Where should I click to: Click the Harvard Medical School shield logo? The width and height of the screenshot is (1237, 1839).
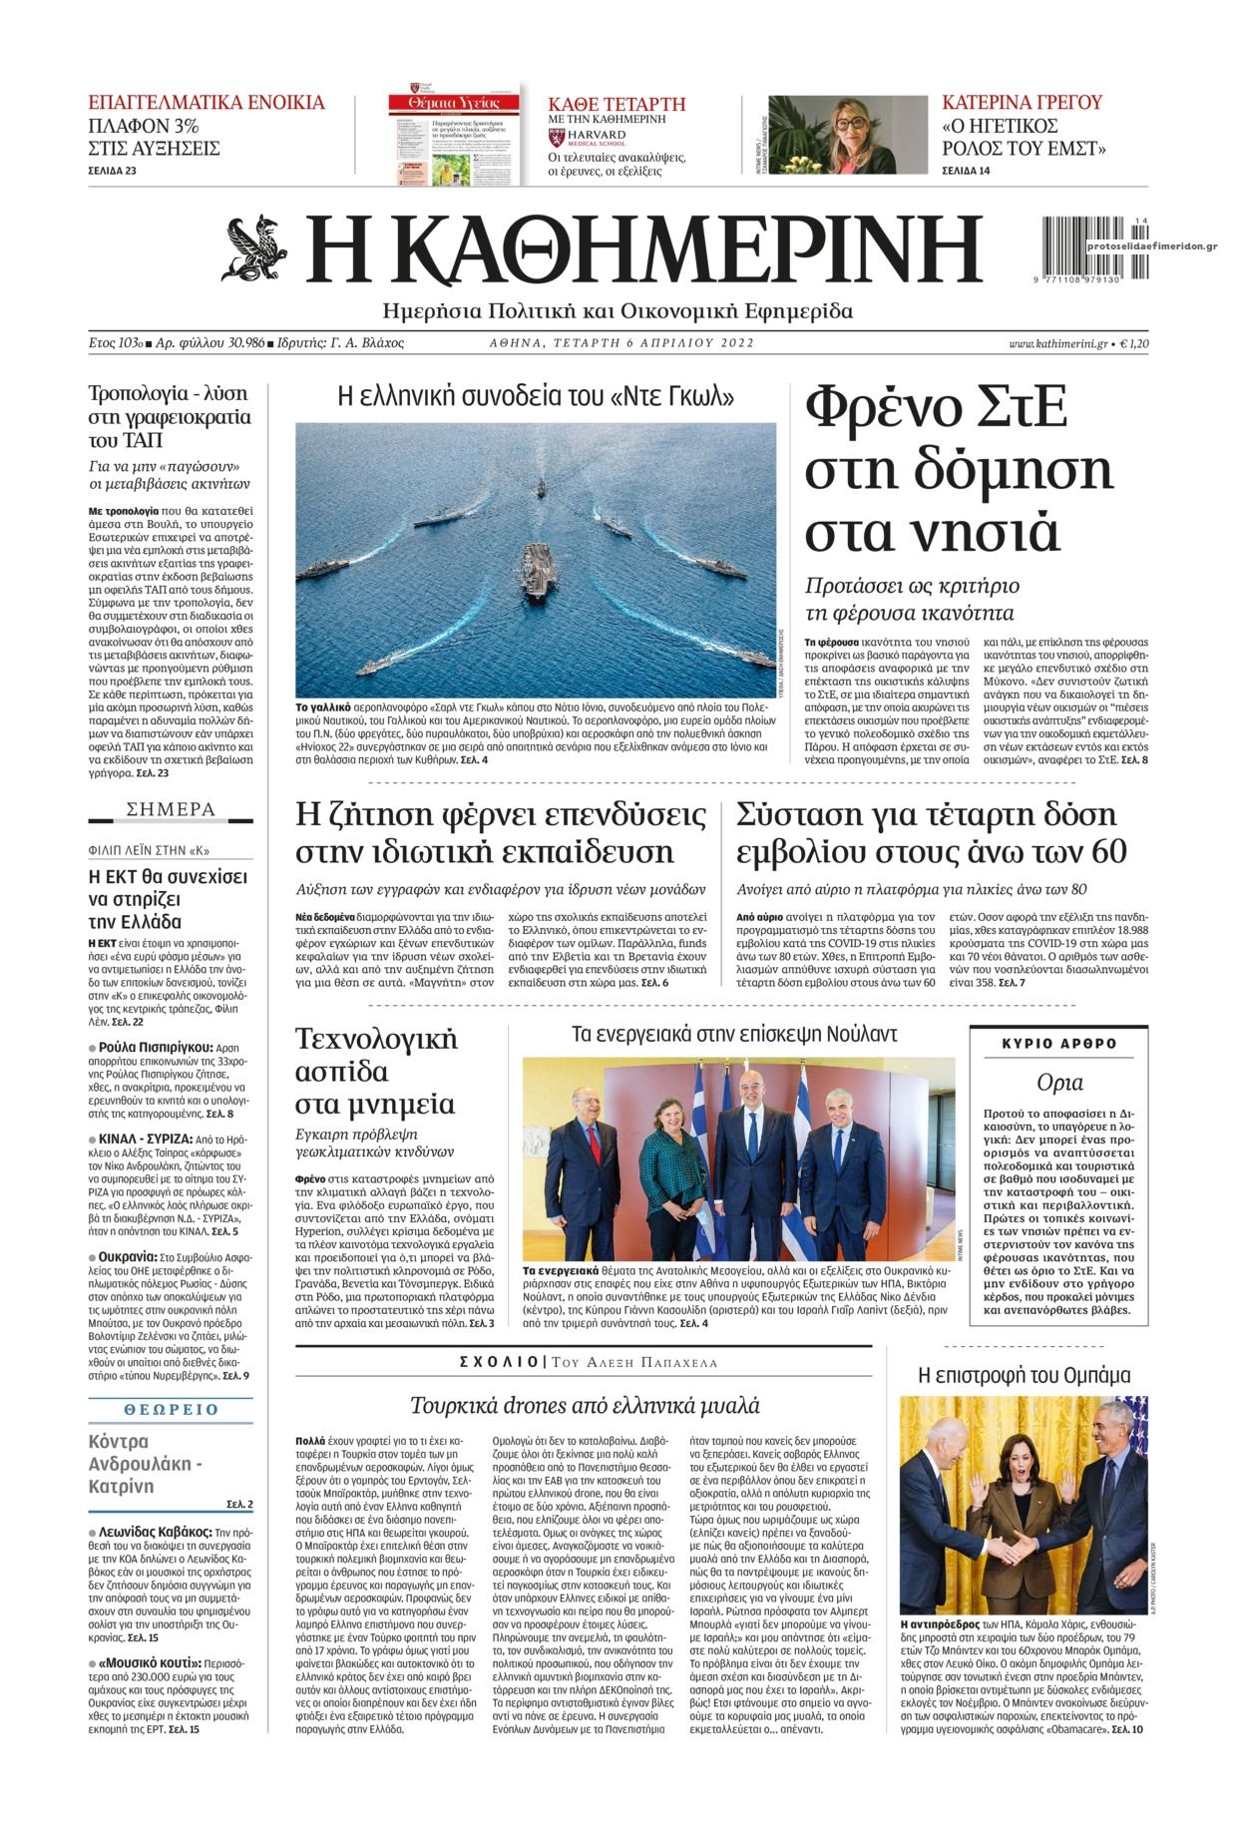(x=558, y=137)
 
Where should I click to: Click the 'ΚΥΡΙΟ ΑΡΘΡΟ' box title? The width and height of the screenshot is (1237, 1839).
(x=1059, y=1045)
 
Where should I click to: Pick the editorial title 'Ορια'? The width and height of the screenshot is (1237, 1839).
(x=1059, y=1083)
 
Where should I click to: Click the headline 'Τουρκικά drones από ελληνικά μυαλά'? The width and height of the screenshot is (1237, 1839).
(x=586, y=1406)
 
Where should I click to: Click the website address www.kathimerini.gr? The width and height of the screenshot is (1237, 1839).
(x=1057, y=343)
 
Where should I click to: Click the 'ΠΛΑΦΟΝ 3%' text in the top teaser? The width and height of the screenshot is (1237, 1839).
(x=145, y=127)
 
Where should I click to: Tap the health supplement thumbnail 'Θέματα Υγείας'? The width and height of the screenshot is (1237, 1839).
(x=455, y=138)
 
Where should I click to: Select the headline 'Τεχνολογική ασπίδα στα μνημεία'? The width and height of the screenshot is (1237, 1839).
(x=377, y=1071)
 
